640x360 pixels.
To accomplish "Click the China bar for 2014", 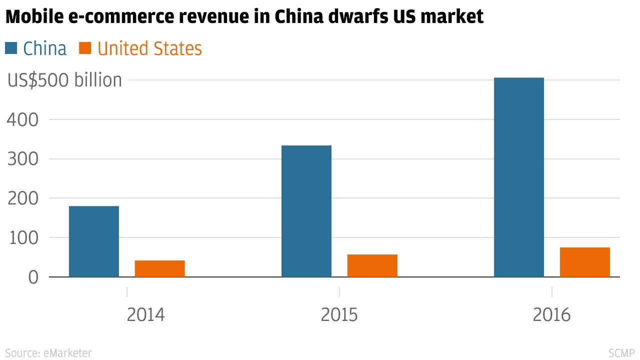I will [94, 241].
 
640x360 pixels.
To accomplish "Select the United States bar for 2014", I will [160, 268].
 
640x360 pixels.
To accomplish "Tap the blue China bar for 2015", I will [306, 210].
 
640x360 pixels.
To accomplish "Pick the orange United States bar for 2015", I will [372, 265].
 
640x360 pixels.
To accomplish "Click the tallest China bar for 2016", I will [519, 177].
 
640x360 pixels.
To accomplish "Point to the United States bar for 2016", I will [585, 262].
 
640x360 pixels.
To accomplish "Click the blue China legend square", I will [11, 48].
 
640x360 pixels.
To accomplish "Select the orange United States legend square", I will [85, 48].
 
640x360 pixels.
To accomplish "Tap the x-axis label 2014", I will [145, 315].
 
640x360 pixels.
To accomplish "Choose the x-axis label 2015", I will [339, 315].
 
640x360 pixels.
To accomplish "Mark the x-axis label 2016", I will [551, 315].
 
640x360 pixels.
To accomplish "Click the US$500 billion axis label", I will [64, 80].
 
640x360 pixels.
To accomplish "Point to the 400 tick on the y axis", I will [22, 120].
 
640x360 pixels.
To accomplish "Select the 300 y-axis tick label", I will [22, 159].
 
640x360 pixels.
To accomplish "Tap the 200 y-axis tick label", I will [22, 198].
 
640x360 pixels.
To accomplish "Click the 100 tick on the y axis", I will [22, 238].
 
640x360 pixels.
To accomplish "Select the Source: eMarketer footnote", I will [48, 353].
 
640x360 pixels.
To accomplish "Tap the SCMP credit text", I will [621, 353].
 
